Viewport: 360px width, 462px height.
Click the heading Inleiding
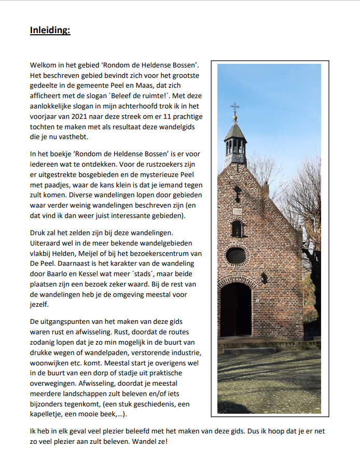pos(50,30)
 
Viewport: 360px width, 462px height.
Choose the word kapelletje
pos(50,415)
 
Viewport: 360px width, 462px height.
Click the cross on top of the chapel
pos(235,107)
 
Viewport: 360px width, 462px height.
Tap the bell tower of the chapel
pos(235,140)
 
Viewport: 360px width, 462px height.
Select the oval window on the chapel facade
pos(237,255)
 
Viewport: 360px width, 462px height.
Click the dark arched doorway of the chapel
pos(236,310)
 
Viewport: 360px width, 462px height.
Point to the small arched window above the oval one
pos(237,228)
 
